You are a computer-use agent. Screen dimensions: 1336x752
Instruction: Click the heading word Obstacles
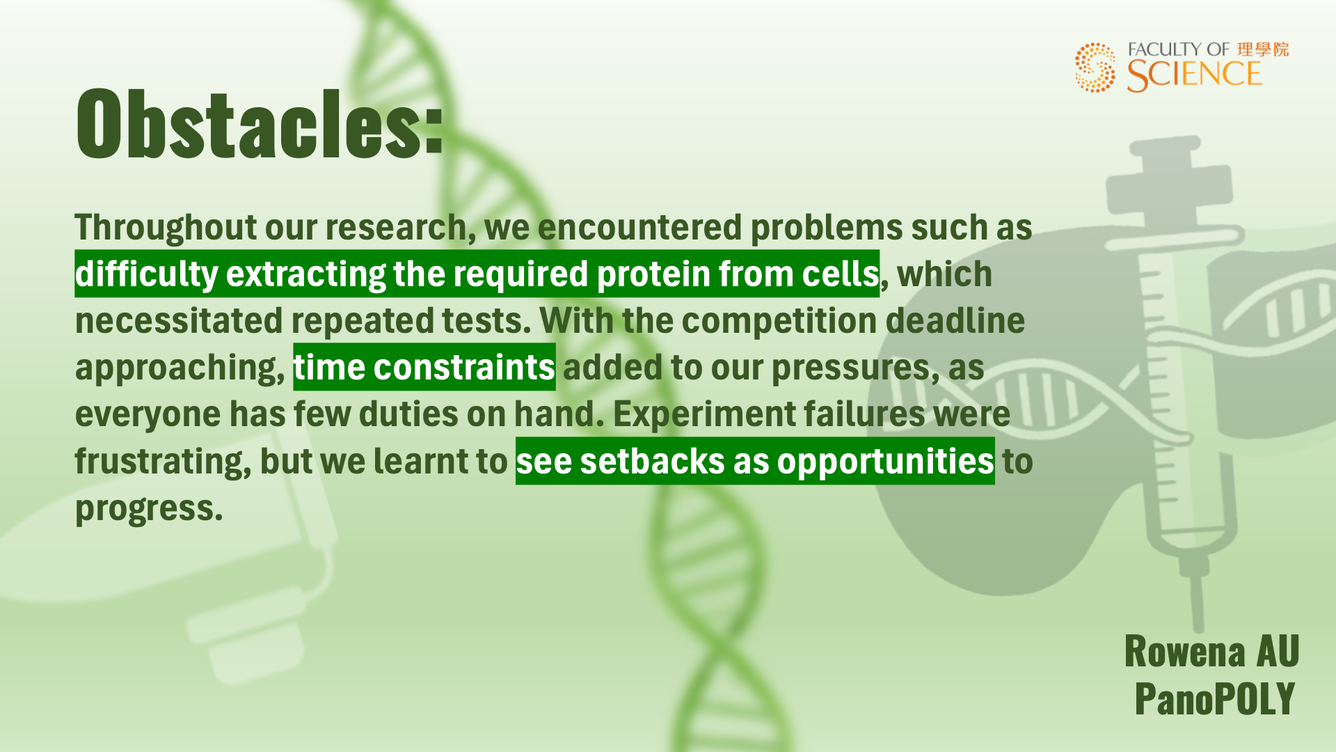tap(260, 124)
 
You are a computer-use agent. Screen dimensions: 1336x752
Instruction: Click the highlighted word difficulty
tap(147, 274)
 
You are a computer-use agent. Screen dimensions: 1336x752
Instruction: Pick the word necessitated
tap(179, 321)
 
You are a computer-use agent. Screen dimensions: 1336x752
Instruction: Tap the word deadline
tap(955, 320)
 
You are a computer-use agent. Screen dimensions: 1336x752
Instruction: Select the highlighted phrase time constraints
tap(424, 367)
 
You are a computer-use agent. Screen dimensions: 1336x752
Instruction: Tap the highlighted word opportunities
tap(885, 462)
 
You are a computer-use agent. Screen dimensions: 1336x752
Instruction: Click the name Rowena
tap(1185, 652)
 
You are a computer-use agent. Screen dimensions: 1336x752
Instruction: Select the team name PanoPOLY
tap(1215, 698)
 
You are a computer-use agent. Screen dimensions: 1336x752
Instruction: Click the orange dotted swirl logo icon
tap(1095, 68)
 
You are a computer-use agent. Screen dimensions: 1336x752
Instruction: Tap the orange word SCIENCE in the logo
tap(1194, 75)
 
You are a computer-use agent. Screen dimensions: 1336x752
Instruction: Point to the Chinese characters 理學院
tap(1263, 49)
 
